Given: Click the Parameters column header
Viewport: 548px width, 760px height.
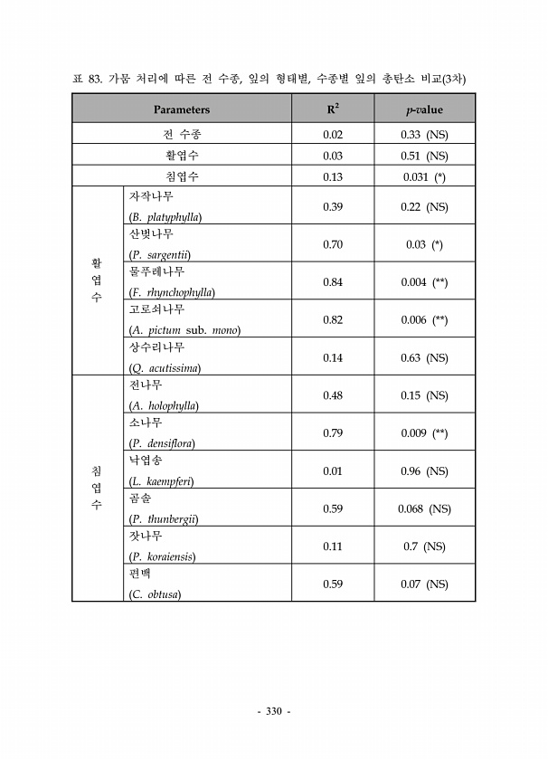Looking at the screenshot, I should pyautogui.click(x=182, y=109).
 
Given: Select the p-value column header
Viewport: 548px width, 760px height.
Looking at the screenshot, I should pyautogui.click(x=424, y=109).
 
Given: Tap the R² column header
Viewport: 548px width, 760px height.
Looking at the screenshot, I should pyautogui.click(x=333, y=109).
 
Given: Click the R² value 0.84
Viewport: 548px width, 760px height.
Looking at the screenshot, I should pyautogui.click(x=333, y=282).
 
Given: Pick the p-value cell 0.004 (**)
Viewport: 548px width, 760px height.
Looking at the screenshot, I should pyautogui.click(x=424, y=282).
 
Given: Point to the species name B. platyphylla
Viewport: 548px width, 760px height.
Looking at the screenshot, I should pyautogui.click(x=165, y=217).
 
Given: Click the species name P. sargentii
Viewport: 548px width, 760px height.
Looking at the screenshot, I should pyautogui.click(x=160, y=255).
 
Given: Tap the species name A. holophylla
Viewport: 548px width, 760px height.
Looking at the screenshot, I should pyautogui.click(x=164, y=406).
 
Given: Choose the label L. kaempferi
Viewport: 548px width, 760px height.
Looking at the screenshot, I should pyautogui.click(x=162, y=481).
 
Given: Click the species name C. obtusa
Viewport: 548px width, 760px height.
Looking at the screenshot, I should pyautogui.click(x=156, y=594).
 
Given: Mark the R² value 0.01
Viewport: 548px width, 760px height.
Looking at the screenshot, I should pyautogui.click(x=333, y=471).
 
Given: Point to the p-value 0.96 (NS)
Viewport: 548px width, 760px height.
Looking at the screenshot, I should pyautogui.click(x=424, y=471).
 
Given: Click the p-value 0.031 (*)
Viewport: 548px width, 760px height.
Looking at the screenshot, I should pyautogui.click(x=424, y=177).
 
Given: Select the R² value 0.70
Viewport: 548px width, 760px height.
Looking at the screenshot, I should pyautogui.click(x=333, y=244).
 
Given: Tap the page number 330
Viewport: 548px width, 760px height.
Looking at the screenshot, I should pyautogui.click(x=274, y=711).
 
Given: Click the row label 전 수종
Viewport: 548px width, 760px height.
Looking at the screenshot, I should pyautogui.click(x=182, y=135).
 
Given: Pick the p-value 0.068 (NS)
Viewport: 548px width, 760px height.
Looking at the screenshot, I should pyautogui.click(x=424, y=509).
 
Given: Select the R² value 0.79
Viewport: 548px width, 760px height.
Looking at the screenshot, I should pyautogui.click(x=333, y=433).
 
